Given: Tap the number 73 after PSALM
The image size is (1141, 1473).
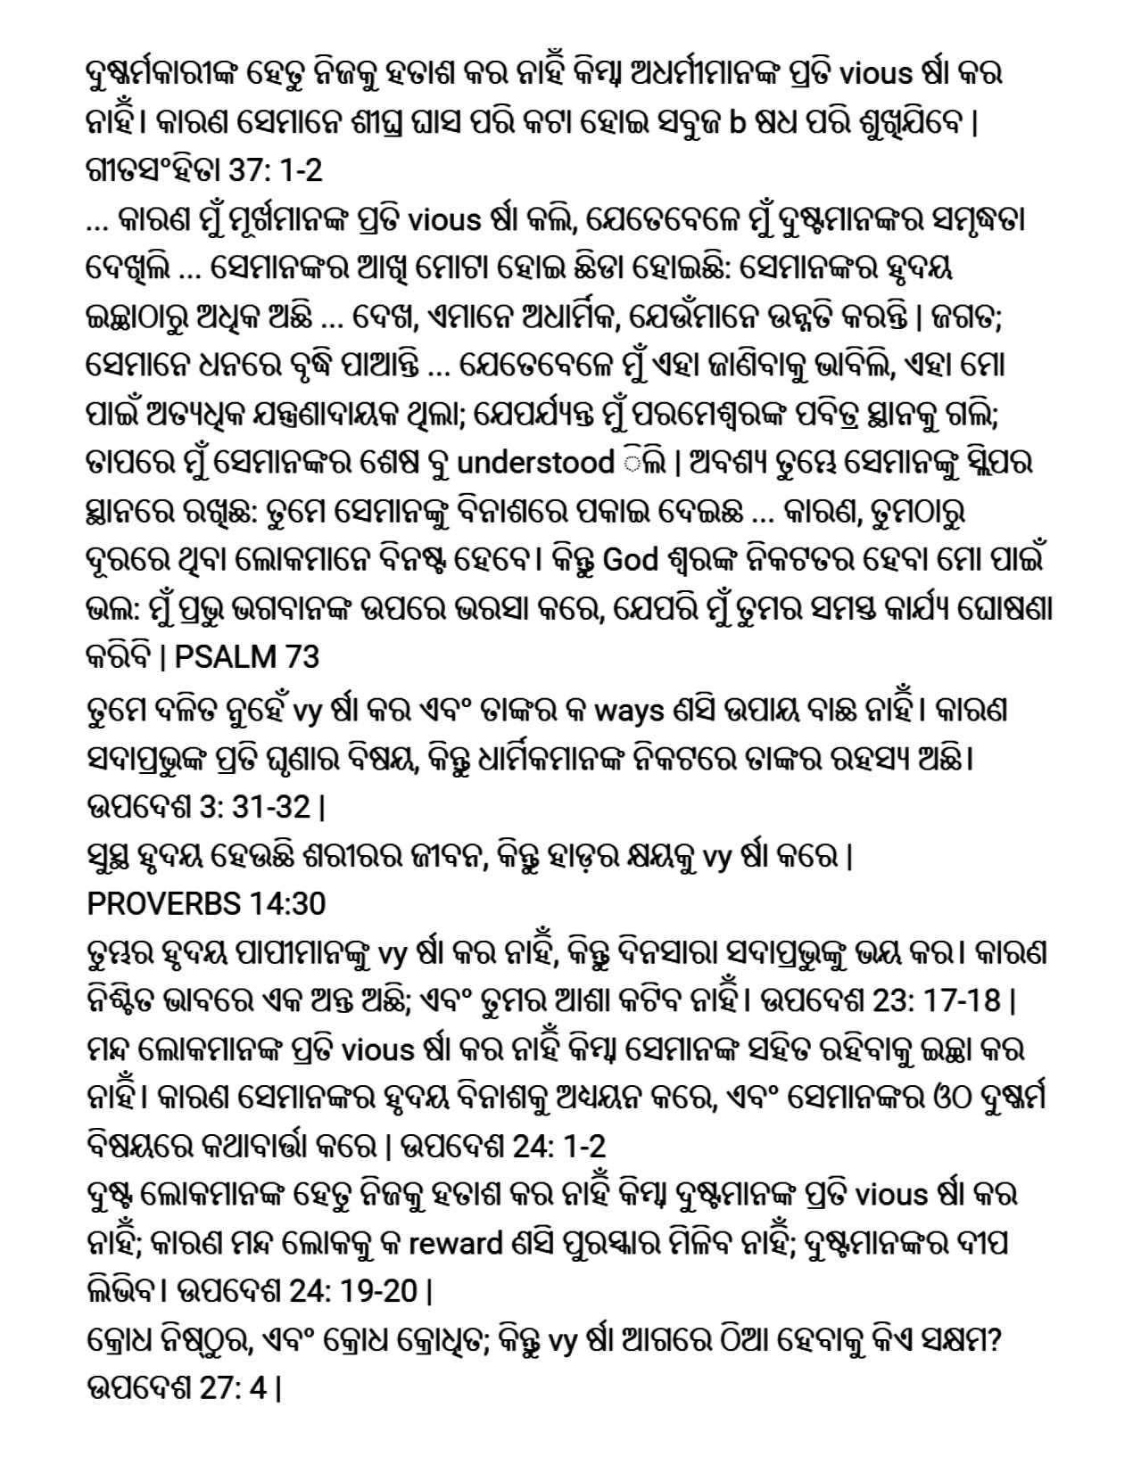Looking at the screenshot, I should (x=301, y=657).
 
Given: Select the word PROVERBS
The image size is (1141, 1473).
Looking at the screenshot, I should (x=161, y=904).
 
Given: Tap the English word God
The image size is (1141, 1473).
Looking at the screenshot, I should (x=631, y=561).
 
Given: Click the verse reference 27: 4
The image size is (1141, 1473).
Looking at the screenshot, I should (x=233, y=1388).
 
